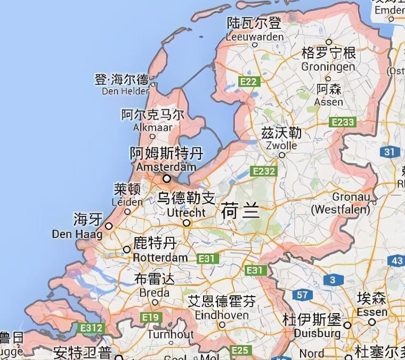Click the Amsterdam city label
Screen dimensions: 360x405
pos(166,166)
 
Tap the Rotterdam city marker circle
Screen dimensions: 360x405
pos(127,249)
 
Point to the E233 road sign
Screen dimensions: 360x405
pos(342,122)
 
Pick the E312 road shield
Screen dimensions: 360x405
pos(91,327)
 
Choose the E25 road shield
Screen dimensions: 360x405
pos(240,350)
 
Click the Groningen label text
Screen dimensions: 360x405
pos(328,67)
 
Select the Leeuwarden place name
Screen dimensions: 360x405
pos(255,37)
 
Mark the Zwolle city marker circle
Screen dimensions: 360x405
pos(282,156)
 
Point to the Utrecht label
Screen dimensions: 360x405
pos(186,212)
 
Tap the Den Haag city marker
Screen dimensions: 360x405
pos(109,226)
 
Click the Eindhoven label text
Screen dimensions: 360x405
pos(222,315)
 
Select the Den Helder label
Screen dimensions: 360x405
pos(126,91)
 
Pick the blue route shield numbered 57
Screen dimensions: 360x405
pos(303,294)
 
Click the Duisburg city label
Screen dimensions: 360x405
pos(314,333)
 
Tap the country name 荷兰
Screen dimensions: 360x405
pos(240,212)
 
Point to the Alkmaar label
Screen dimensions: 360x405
pos(153,127)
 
